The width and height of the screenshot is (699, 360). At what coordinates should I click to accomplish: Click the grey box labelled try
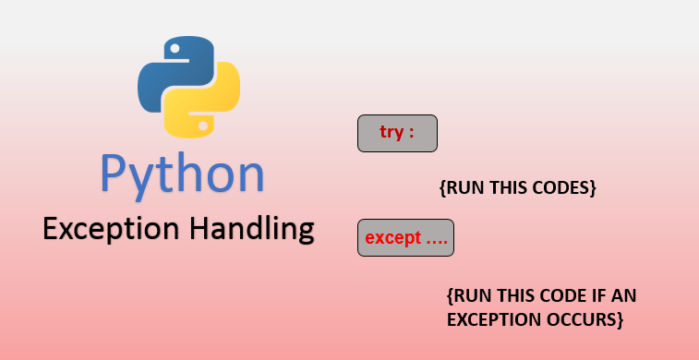pos(396,133)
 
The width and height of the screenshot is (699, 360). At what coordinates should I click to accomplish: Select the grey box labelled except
pos(405,238)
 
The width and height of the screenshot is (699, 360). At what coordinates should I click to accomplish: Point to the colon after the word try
pos(412,133)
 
